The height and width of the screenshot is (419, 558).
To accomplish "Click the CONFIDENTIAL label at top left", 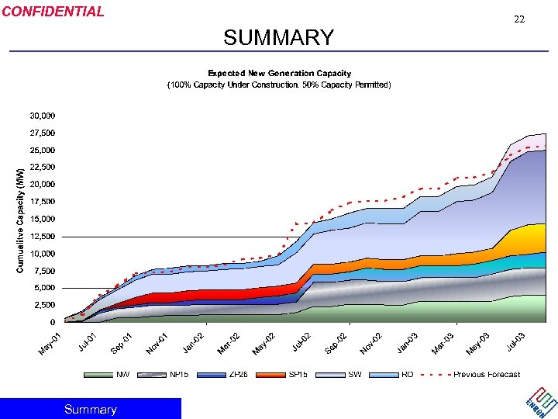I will [x=53, y=12].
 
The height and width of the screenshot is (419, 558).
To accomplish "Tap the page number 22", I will [x=519, y=19].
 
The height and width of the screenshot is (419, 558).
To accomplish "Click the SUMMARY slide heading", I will [x=278, y=37].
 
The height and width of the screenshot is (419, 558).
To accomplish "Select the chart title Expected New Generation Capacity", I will [x=279, y=72].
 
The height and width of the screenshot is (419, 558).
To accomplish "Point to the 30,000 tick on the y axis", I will [x=42, y=116].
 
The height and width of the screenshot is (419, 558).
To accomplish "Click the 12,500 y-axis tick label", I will [x=42, y=236].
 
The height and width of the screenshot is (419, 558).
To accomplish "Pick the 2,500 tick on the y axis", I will [x=44, y=305].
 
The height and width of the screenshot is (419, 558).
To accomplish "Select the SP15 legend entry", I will [x=298, y=375].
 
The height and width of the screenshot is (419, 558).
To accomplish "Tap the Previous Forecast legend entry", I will [x=487, y=375].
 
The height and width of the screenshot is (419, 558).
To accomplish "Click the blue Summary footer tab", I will [x=91, y=409].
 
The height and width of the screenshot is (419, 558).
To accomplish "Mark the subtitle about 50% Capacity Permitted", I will [x=279, y=85].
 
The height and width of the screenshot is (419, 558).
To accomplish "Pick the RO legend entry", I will [x=407, y=375].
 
